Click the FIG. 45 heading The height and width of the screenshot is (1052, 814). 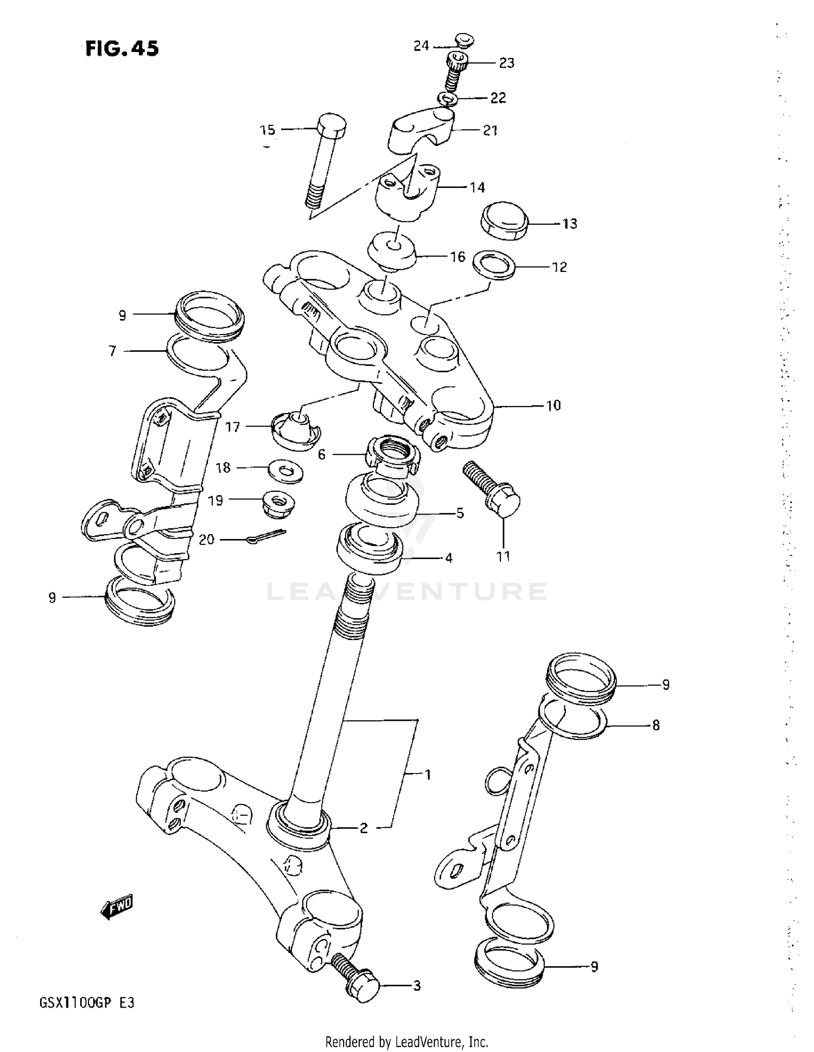click(x=122, y=49)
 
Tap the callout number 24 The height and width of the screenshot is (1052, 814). click(x=421, y=46)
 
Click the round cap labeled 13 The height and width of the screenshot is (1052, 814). click(x=505, y=221)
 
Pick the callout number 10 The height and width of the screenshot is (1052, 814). click(x=553, y=405)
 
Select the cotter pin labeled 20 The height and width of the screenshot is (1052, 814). click(x=265, y=537)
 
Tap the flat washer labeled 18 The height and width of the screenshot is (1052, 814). click(x=285, y=471)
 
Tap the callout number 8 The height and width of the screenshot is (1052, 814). click(x=656, y=725)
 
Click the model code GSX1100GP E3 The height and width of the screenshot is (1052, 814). click(x=86, y=1003)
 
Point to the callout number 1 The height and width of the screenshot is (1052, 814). click(x=428, y=775)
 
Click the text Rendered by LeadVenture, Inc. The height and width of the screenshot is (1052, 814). click(x=406, y=1042)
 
